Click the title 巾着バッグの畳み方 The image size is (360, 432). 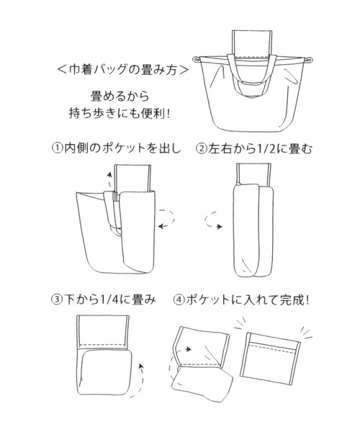123,69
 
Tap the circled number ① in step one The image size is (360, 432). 58,149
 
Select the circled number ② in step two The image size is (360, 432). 201,149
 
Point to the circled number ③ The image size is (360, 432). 57,300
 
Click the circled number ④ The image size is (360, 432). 179,300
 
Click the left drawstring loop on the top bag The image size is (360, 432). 196,59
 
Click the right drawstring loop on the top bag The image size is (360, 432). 309,60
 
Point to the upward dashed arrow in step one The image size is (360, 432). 109,179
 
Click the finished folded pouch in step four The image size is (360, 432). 271,359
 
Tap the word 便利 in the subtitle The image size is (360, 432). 153,113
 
